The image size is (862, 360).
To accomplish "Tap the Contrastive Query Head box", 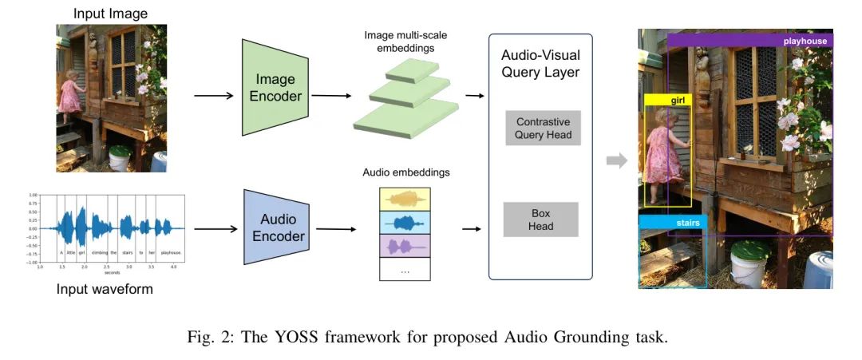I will click(543, 129).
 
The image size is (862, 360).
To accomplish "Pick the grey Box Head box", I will click(540, 220).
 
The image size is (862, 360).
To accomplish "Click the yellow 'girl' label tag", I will click(667, 100).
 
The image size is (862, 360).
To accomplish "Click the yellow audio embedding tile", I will click(405, 198).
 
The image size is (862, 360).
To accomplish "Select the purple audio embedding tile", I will click(405, 245).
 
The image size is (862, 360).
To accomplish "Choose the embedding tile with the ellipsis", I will click(405, 270).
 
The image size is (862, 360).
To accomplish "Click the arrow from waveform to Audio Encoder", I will click(215, 228).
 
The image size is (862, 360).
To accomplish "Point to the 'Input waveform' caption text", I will click(104, 289).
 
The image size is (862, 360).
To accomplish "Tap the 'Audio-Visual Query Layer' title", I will click(540, 64).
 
